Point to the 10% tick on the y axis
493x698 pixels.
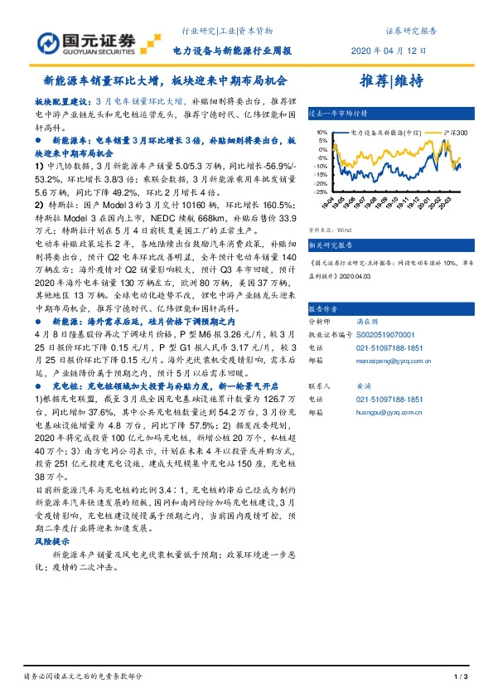pyautogui.click(x=317, y=132)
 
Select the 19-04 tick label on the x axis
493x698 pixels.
pyautogui.click(x=327, y=204)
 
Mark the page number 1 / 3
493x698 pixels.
pyautogui.click(x=462, y=678)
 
